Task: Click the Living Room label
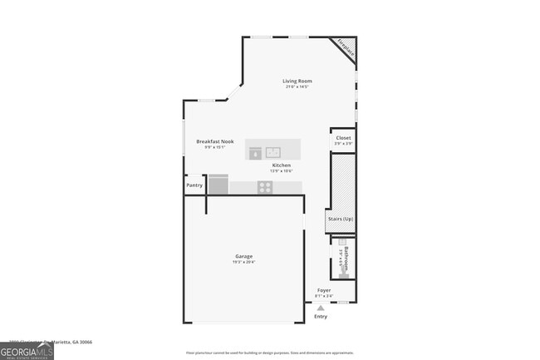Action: [297, 81]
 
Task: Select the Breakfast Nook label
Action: [214, 141]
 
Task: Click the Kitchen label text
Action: [282, 165]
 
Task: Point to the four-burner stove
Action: [265, 187]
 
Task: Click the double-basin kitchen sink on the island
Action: [273, 151]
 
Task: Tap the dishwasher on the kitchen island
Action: [256, 151]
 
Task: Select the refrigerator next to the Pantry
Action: [218, 185]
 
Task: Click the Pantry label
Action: [194, 185]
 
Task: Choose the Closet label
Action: [343, 138]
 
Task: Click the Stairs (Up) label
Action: [340, 219]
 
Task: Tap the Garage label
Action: [243, 256]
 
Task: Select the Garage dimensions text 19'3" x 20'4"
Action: [243, 263]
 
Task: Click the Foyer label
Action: [324, 290]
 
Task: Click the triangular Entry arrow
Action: [321, 308]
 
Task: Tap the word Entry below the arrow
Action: [321, 317]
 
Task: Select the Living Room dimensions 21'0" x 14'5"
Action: [297, 86]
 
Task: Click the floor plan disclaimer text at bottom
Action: [270, 353]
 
